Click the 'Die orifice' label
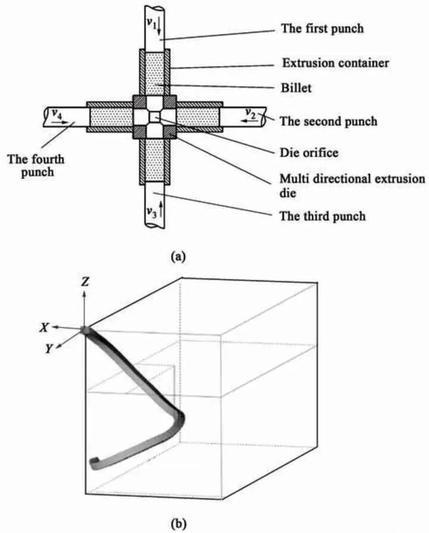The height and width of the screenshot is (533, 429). pos(309,153)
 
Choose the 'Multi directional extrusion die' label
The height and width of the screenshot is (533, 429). pos(353,185)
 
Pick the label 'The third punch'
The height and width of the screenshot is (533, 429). pos(322,216)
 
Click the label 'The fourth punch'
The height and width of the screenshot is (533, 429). pos(36,166)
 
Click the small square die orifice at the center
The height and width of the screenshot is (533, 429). pos(155,115)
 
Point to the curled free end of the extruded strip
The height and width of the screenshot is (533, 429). pos(94,461)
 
